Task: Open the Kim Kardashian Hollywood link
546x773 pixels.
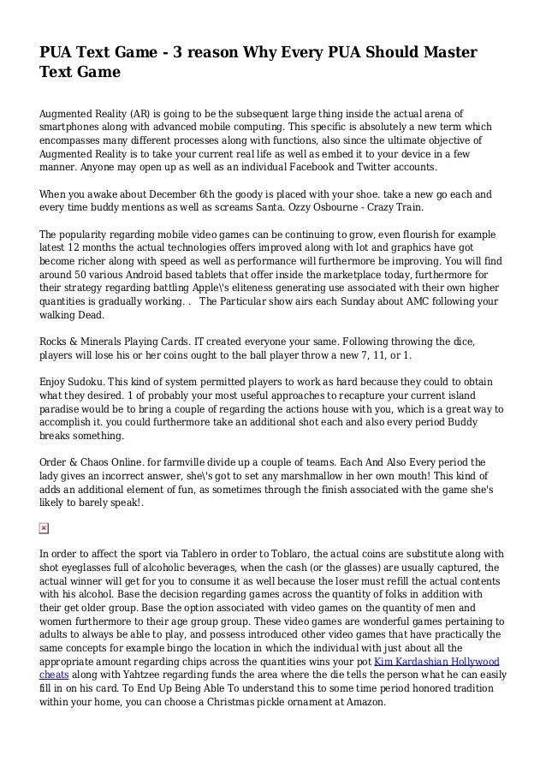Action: pos(439,662)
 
